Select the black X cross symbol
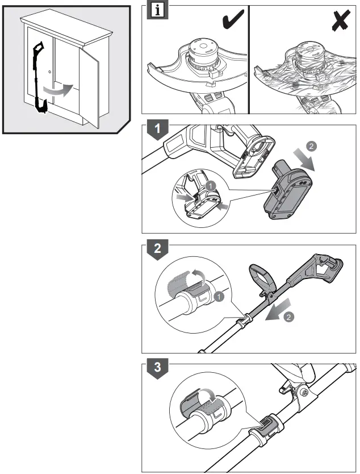[341, 21]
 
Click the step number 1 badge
[157, 128]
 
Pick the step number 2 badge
[157, 248]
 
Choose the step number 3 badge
[157, 367]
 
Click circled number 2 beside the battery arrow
[311, 146]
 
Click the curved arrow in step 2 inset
[196, 277]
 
